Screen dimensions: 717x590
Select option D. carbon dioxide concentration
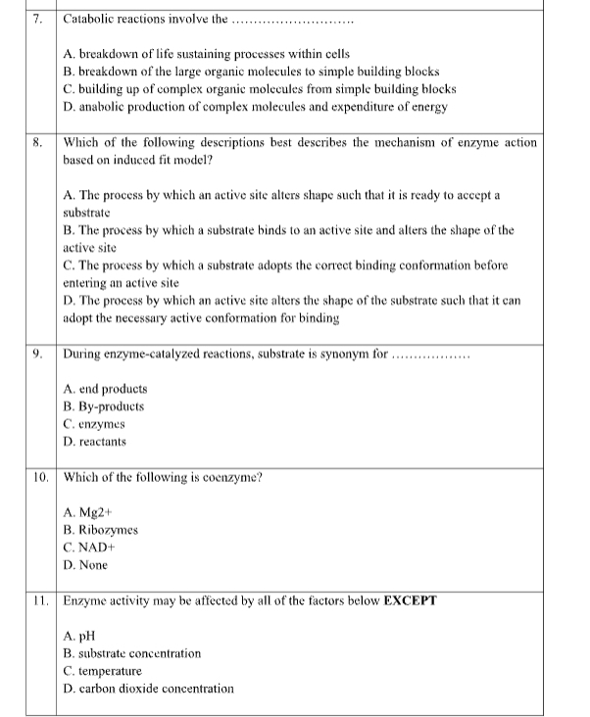(x=148, y=689)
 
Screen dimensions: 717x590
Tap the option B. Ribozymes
(x=100, y=529)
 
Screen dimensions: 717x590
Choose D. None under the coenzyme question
(x=85, y=565)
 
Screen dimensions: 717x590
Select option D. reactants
(x=95, y=442)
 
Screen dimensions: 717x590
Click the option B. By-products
(x=104, y=405)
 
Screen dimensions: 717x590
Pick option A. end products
(x=104, y=387)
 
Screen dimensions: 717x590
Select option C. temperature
(x=103, y=671)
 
